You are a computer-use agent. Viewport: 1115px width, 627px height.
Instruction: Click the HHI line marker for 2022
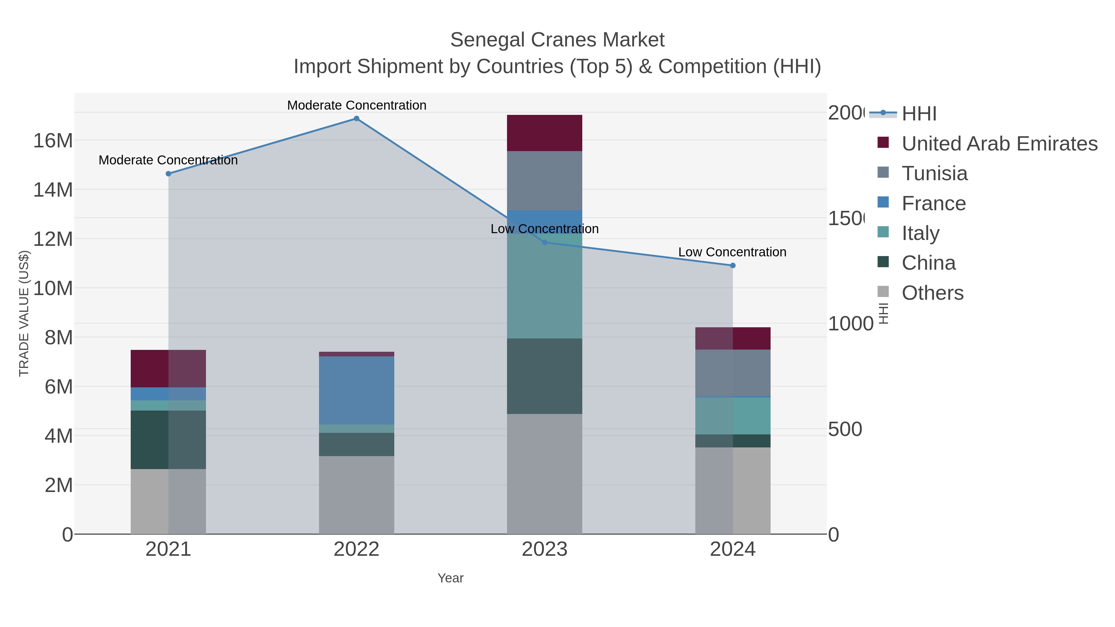(x=356, y=119)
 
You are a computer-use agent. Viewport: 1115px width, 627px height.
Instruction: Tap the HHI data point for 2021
(x=168, y=173)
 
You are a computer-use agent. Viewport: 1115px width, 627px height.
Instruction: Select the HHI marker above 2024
(x=732, y=265)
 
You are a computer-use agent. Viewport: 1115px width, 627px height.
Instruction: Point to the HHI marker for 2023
(x=544, y=242)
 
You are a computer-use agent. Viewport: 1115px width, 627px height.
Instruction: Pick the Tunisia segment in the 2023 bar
(x=544, y=181)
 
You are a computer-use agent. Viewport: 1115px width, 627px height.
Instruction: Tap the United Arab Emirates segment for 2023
(x=544, y=133)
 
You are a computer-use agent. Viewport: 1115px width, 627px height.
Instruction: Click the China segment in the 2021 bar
(x=168, y=440)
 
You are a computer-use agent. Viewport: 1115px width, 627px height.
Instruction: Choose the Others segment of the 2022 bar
(x=356, y=494)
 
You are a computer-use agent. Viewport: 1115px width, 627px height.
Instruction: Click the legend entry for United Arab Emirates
(x=999, y=144)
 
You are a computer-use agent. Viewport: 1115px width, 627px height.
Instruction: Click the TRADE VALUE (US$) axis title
(x=24, y=313)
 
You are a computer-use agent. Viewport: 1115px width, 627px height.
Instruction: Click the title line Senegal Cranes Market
(x=557, y=40)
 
